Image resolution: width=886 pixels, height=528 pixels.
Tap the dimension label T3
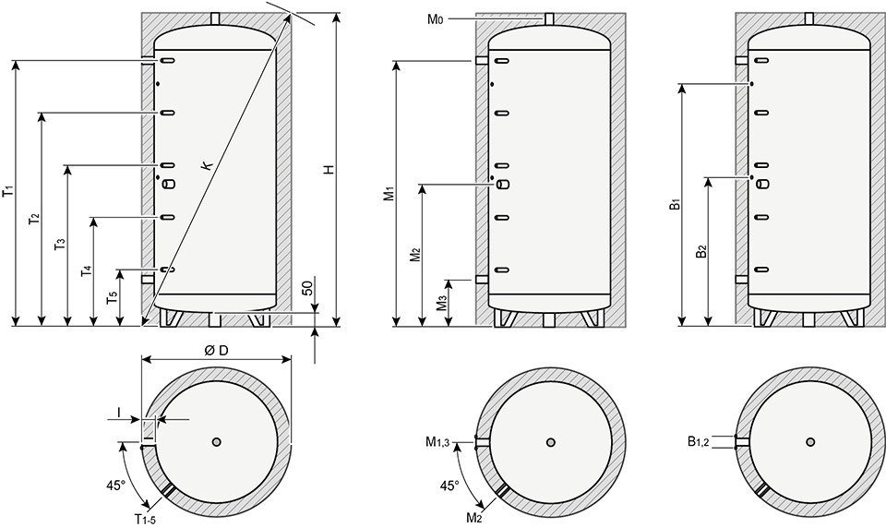59,245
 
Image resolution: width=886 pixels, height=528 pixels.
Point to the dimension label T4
86,270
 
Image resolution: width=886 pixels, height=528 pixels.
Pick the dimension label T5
112,298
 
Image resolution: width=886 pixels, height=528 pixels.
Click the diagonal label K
208,165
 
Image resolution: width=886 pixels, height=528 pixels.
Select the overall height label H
329,170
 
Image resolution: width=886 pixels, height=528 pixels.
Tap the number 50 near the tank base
306,288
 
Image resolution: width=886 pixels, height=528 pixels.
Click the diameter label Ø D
216,351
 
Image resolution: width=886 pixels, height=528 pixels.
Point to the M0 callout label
435,19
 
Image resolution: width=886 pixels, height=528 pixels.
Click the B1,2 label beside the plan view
699,442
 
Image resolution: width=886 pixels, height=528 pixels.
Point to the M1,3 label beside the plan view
437,442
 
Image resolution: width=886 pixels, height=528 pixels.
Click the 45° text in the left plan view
115,485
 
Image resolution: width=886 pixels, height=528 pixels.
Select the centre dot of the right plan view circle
811,441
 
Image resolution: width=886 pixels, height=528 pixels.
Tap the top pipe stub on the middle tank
548,19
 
